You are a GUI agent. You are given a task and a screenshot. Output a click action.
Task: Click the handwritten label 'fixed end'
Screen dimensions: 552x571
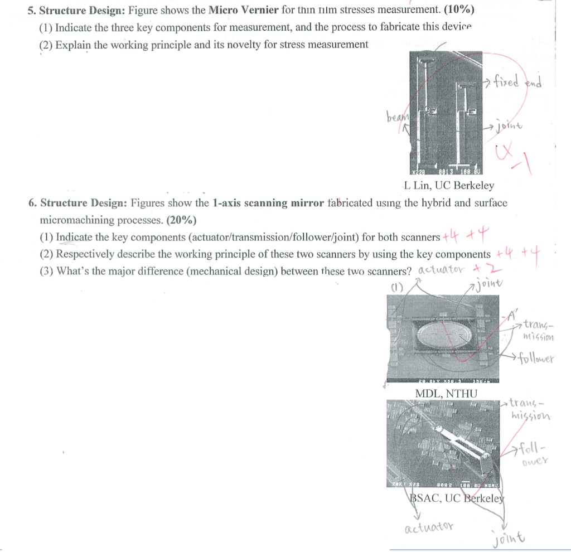(516, 81)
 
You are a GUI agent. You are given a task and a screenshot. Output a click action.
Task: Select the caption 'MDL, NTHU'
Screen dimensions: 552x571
(447, 394)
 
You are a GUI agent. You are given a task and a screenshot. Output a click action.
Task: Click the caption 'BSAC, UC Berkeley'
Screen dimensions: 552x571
(457, 498)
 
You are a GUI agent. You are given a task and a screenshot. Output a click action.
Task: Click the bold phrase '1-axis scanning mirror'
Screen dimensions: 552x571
(268, 203)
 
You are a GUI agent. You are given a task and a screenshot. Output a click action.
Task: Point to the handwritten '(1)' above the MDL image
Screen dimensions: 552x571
(396, 288)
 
